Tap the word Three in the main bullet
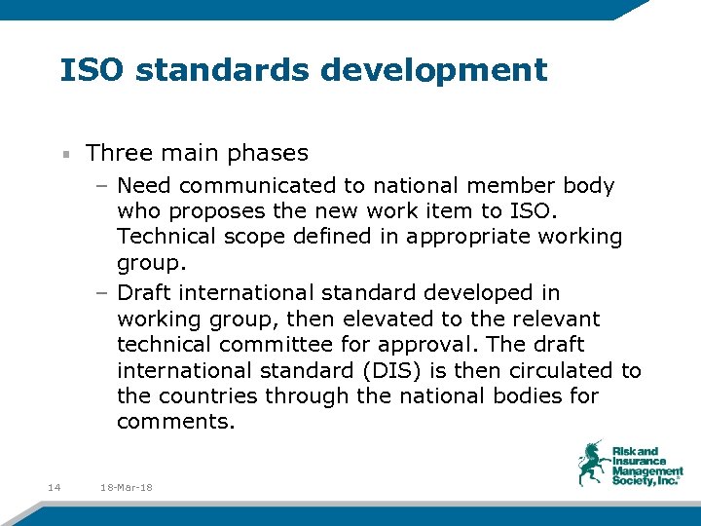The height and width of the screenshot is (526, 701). pos(118,153)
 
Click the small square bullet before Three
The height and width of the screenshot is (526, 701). pos(65,154)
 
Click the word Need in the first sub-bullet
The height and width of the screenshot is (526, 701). pos(142,185)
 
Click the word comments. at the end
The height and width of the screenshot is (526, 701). pos(175,423)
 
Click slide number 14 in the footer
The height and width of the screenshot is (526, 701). pos(54,487)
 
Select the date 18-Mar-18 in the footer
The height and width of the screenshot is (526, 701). pos(127,487)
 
